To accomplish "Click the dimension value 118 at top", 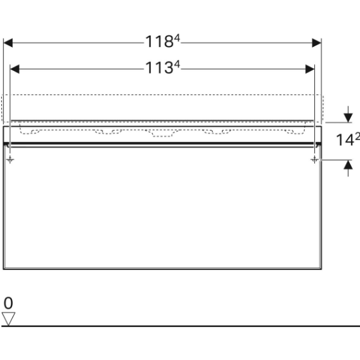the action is coord(159,42).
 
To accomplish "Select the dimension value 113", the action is coord(159,68).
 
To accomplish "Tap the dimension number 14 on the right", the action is coord(345,140).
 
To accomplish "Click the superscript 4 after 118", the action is coord(177,38).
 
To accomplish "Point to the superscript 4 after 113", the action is coord(177,64).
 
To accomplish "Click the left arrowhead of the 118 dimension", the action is coord(8,43).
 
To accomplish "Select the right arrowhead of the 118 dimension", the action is coord(317,43).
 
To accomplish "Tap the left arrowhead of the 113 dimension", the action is coord(15,69).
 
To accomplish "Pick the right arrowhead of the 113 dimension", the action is coord(310,69).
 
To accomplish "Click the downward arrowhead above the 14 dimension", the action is coord(349,118).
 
